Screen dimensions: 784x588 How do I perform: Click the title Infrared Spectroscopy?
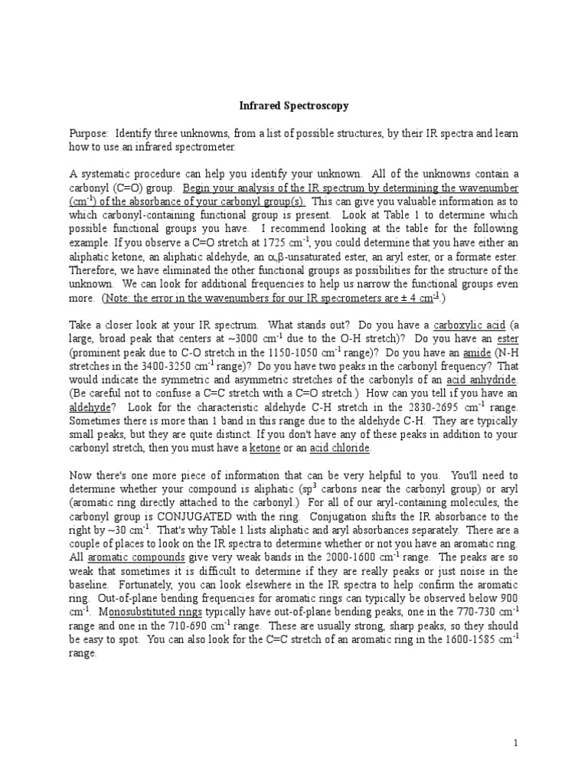[x=293, y=106]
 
